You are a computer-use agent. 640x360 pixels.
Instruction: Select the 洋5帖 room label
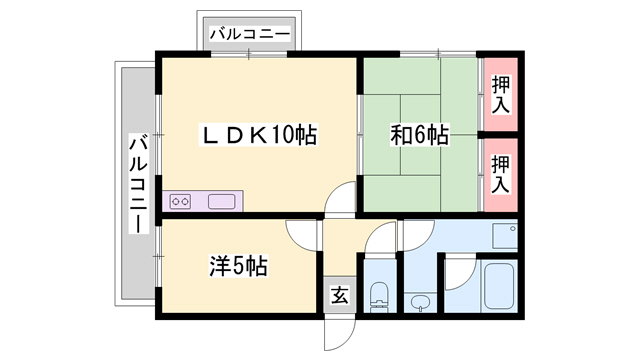pos(238,267)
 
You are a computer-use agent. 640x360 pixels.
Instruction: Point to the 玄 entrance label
pos(340,295)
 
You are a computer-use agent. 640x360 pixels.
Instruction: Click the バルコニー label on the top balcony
pos(250,35)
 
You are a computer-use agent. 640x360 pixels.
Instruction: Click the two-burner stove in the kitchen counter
pos(182,202)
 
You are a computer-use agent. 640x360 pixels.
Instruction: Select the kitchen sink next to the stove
pos(221,202)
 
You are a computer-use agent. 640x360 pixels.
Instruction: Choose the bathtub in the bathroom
pos(496,287)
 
